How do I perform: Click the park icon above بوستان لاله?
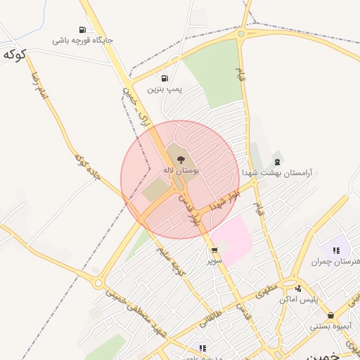pyautogui.click(x=181, y=160)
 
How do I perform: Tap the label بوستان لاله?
pyautogui.click(x=181, y=171)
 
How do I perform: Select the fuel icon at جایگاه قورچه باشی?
pyautogui.click(x=83, y=30)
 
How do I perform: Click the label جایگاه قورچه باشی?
pyautogui.click(x=83, y=40)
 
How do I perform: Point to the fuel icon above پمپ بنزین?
pyautogui.click(x=165, y=79)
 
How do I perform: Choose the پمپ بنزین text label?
pyautogui.click(x=165, y=89)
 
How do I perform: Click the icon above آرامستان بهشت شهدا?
pyautogui.click(x=277, y=162)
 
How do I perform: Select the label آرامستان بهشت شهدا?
pyautogui.click(x=277, y=172)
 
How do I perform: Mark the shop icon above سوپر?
pyautogui.click(x=214, y=250)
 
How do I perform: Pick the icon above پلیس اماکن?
pyautogui.click(x=298, y=288)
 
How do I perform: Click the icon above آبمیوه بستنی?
pyautogui.click(x=331, y=316)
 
